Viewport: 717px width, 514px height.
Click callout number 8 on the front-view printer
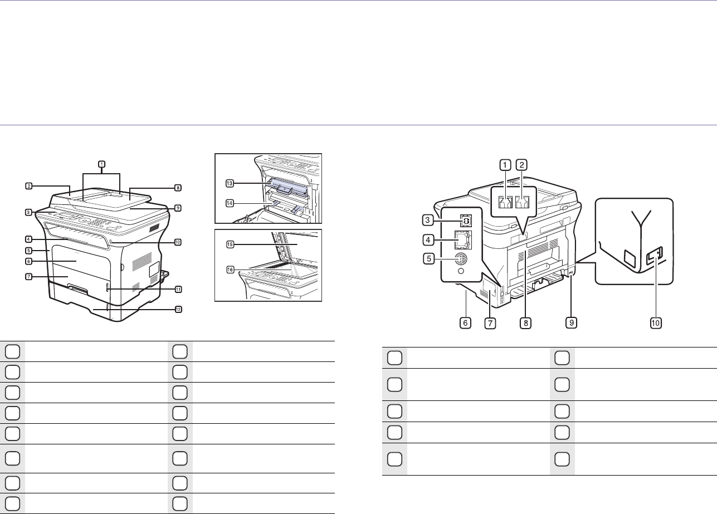click(x=178, y=188)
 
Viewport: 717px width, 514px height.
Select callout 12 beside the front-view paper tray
click(x=178, y=309)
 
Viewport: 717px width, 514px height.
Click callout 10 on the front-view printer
click(x=178, y=242)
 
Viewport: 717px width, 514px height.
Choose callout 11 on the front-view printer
click(x=178, y=289)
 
